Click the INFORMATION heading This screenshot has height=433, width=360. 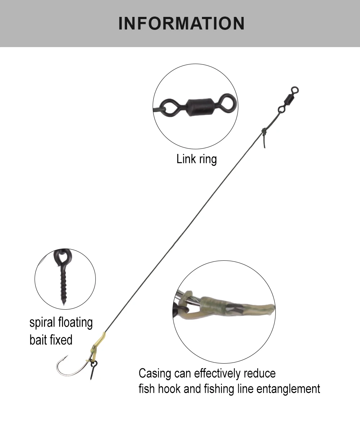pyautogui.click(x=181, y=23)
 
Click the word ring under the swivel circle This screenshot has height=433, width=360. pyautogui.click(x=208, y=160)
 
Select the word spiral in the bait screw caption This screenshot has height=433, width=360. pyautogui.click(x=42, y=323)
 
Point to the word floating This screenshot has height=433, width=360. pyautogui.click(x=75, y=323)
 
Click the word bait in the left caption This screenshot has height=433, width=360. pyautogui.click(x=37, y=340)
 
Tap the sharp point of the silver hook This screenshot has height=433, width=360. pyautogui.click(x=67, y=356)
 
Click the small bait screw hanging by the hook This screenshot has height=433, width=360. pyautogui.click(x=93, y=370)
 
